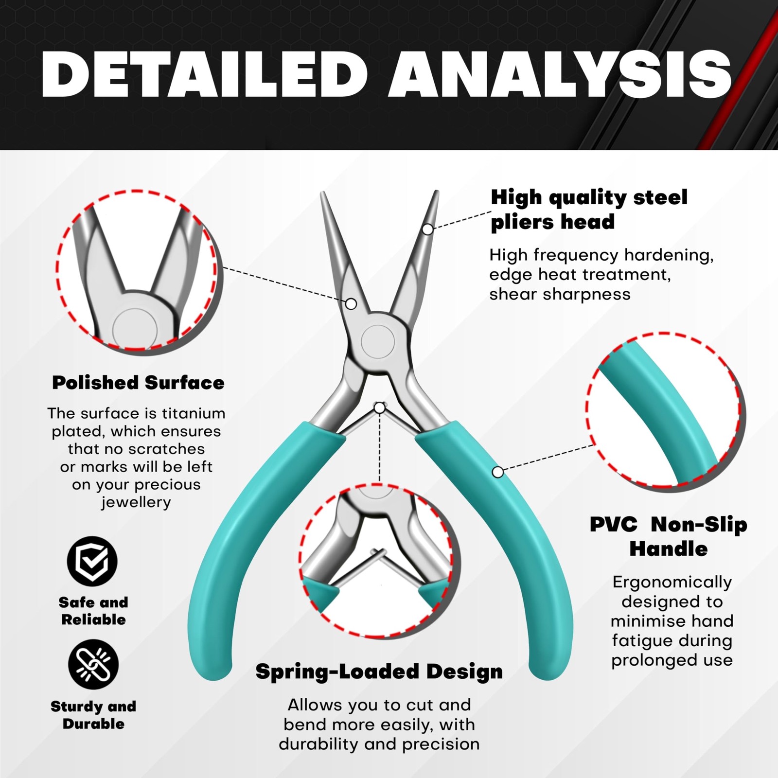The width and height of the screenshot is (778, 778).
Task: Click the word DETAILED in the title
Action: click(204, 73)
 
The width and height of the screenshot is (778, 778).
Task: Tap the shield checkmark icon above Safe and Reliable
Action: click(92, 561)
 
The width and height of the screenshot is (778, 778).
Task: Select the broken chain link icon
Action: click(93, 664)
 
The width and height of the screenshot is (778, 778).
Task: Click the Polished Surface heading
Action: click(138, 383)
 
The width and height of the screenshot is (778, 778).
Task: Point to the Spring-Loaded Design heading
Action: click(379, 672)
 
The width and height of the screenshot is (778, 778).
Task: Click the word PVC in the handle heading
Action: click(614, 525)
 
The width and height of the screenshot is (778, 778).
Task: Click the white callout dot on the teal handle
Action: click(497, 472)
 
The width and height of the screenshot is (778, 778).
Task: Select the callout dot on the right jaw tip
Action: click(427, 229)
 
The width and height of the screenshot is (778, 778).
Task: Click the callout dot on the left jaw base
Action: click(351, 304)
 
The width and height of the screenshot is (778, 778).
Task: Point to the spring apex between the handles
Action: click(379, 407)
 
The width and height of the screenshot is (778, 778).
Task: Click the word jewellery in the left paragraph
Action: click(136, 502)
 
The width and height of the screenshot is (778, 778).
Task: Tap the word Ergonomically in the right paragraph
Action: click(672, 583)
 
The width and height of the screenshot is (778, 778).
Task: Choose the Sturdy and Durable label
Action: click(93, 715)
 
